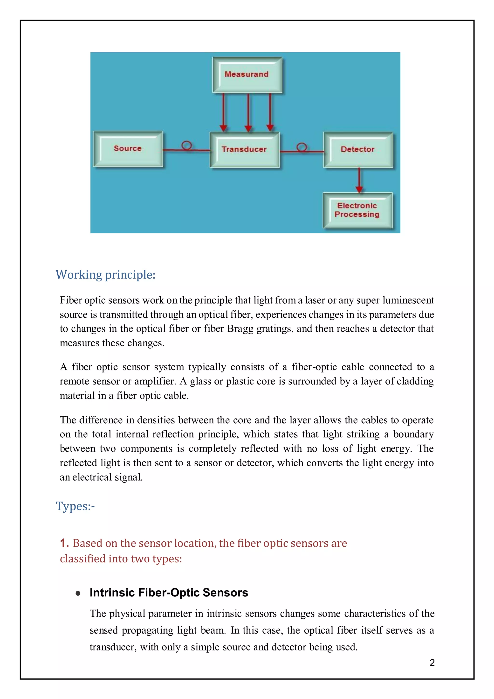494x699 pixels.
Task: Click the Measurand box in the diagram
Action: (x=247, y=75)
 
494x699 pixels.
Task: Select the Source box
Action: (x=128, y=149)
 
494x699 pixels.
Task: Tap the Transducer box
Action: (x=244, y=149)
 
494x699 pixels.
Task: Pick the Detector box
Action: (x=358, y=149)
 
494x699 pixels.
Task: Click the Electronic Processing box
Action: (x=357, y=210)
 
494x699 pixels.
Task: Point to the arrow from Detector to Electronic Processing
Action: (x=359, y=180)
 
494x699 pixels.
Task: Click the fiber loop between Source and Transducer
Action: (x=186, y=146)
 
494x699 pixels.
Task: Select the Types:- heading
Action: (x=75, y=506)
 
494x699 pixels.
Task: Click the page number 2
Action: (x=432, y=663)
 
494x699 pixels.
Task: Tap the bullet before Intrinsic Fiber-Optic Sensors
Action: (x=78, y=593)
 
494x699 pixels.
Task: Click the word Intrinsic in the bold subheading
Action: (x=112, y=593)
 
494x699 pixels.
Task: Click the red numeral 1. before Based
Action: (x=64, y=543)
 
